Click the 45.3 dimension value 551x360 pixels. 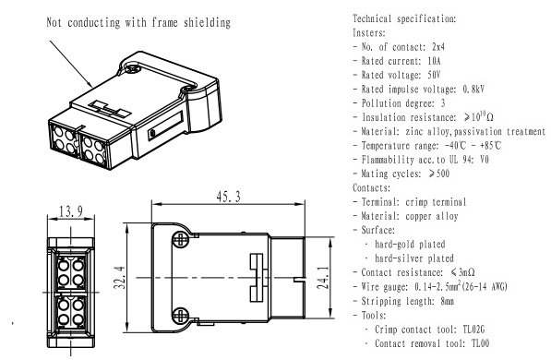coord(228,197)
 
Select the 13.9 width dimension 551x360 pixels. coord(71,211)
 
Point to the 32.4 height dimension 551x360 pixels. coord(119,277)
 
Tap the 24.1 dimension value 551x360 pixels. coord(323,277)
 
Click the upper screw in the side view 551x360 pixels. coord(180,240)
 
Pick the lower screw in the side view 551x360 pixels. coord(180,315)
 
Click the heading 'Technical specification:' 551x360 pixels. coord(404,18)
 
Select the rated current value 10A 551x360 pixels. coord(434,61)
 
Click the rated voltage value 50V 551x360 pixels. coord(434,75)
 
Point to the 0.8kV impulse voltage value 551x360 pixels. coord(473,89)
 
